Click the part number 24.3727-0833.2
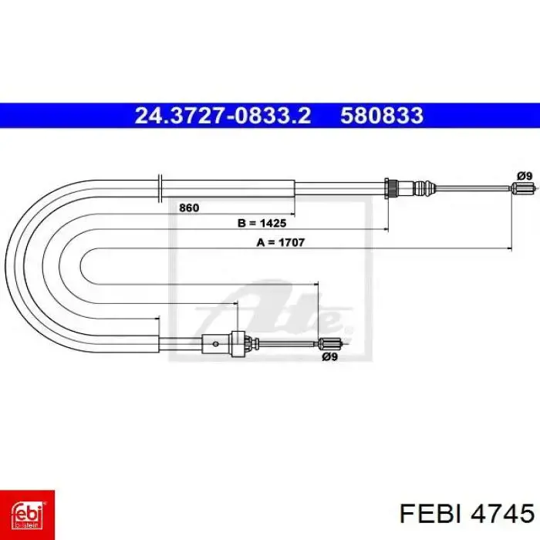tap(223, 116)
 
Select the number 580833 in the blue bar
tap(382, 116)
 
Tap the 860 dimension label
tap(189, 208)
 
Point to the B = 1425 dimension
tap(262, 223)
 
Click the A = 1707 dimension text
tap(281, 242)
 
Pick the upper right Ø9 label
tap(525, 177)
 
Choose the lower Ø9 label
tap(329, 357)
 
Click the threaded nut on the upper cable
tap(391, 188)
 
